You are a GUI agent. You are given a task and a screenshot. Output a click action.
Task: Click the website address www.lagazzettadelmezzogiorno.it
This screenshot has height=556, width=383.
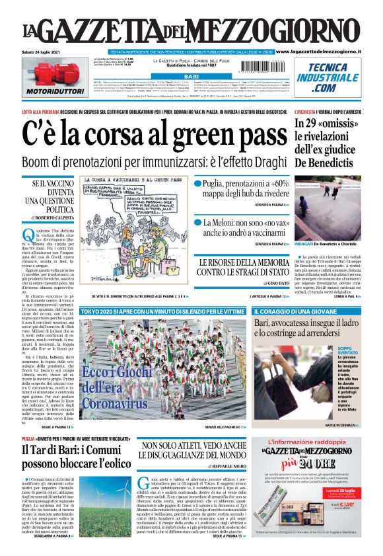326,51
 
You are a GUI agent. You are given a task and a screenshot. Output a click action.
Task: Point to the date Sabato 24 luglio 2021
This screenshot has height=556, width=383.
38,51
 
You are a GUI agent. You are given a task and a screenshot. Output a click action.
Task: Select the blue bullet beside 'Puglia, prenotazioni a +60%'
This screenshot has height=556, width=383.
197,183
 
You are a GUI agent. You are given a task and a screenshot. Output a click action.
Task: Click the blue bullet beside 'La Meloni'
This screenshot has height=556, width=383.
197,223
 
